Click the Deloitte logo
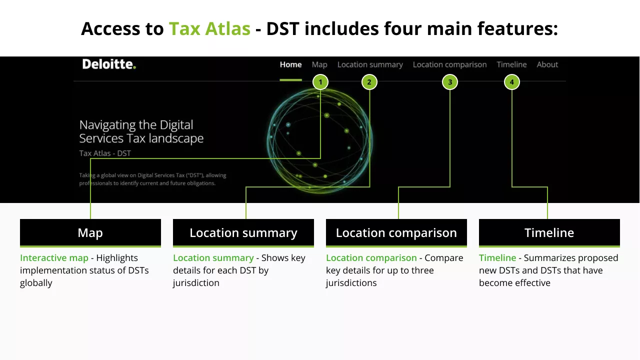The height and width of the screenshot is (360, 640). pyautogui.click(x=109, y=64)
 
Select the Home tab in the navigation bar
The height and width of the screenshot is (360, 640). pyautogui.click(x=290, y=64)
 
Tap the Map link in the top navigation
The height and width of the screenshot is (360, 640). pyautogui.click(x=319, y=64)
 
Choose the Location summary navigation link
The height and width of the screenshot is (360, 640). pyautogui.click(x=370, y=64)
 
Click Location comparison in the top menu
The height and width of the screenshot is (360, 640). pyautogui.click(x=449, y=64)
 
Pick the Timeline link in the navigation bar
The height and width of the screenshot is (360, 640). pyautogui.click(x=511, y=64)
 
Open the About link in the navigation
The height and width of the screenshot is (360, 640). pyautogui.click(x=547, y=64)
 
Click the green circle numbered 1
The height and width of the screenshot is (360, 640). pyautogui.click(x=320, y=82)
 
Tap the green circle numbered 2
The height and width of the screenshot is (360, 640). pyautogui.click(x=369, y=82)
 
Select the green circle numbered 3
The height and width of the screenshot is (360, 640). pyautogui.click(x=450, y=82)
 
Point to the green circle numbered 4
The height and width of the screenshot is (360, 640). pyautogui.click(x=511, y=82)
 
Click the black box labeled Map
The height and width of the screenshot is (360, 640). pyautogui.click(x=90, y=232)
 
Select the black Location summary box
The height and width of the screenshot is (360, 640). pyautogui.click(x=243, y=232)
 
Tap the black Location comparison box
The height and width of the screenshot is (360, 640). pyautogui.click(x=396, y=232)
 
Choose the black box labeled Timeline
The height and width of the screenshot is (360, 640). pyautogui.click(x=549, y=232)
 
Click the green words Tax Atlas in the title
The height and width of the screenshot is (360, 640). pyautogui.click(x=209, y=28)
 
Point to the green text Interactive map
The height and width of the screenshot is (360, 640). pyautogui.click(x=54, y=258)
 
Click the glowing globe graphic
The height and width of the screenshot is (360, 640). pyautogui.click(x=320, y=138)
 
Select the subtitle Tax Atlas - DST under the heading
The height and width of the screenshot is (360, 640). pyautogui.click(x=105, y=153)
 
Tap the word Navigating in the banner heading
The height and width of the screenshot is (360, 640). pyautogui.click(x=107, y=125)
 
